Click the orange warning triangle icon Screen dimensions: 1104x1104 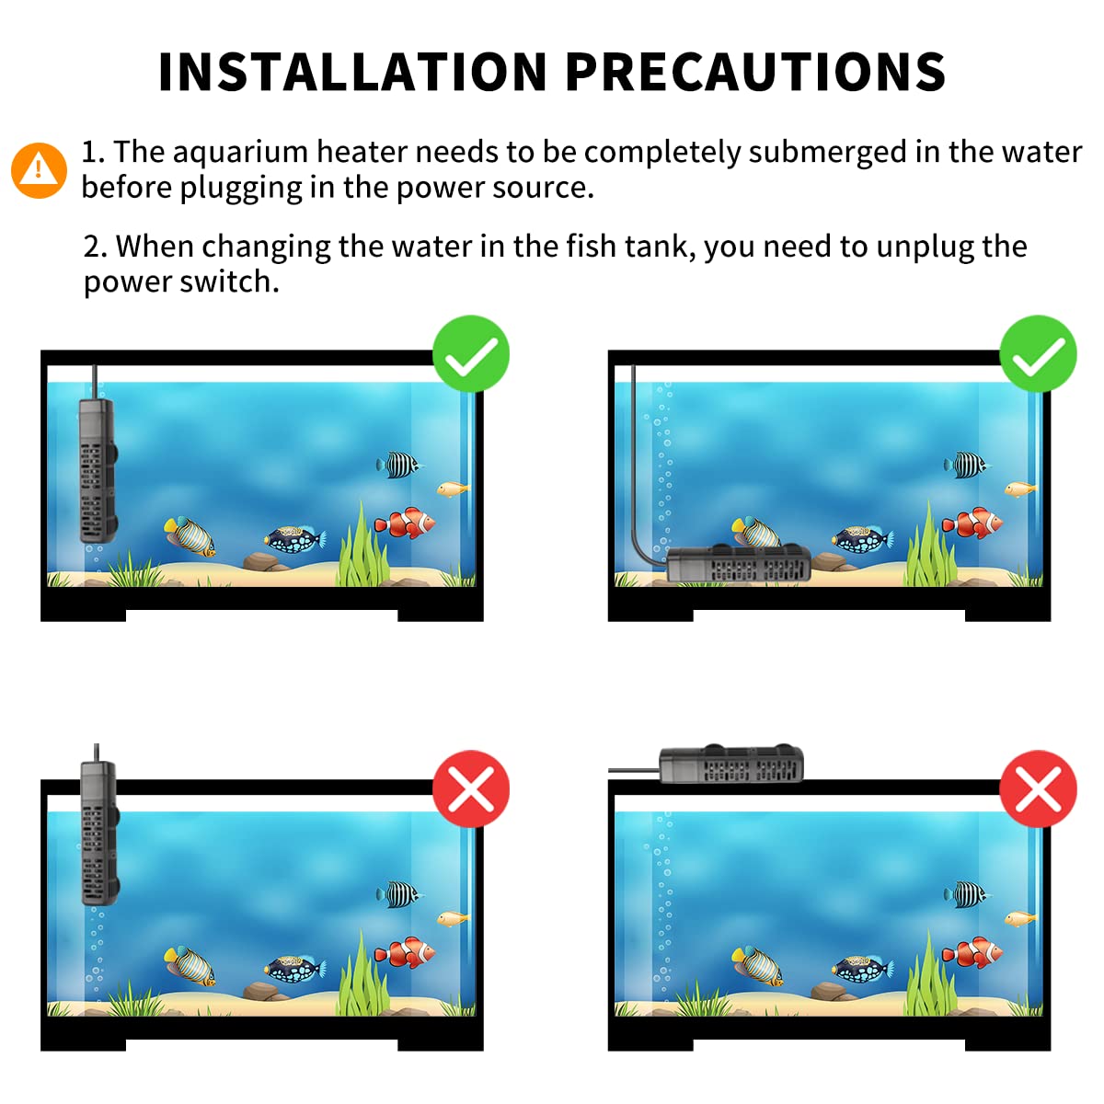click(x=39, y=170)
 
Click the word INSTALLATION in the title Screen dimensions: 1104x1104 click(x=352, y=72)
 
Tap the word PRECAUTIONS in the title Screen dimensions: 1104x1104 click(x=755, y=72)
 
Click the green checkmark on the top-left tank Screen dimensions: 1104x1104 click(x=471, y=353)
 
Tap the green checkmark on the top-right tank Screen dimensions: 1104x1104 click(x=1038, y=353)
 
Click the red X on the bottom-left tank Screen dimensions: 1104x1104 click(x=471, y=788)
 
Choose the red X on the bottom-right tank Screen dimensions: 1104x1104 click(x=1038, y=788)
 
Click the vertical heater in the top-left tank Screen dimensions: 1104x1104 click(x=98, y=470)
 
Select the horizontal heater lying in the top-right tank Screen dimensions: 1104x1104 click(x=738, y=562)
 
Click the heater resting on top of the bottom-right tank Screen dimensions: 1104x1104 click(x=731, y=764)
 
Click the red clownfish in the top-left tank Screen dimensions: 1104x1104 click(x=405, y=523)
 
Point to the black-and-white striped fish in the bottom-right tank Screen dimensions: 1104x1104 click(x=967, y=894)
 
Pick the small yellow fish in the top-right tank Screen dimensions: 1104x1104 click(x=1020, y=489)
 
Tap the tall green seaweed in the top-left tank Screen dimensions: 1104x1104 click(x=363, y=544)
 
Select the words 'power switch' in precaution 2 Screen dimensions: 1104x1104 click(x=181, y=282)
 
